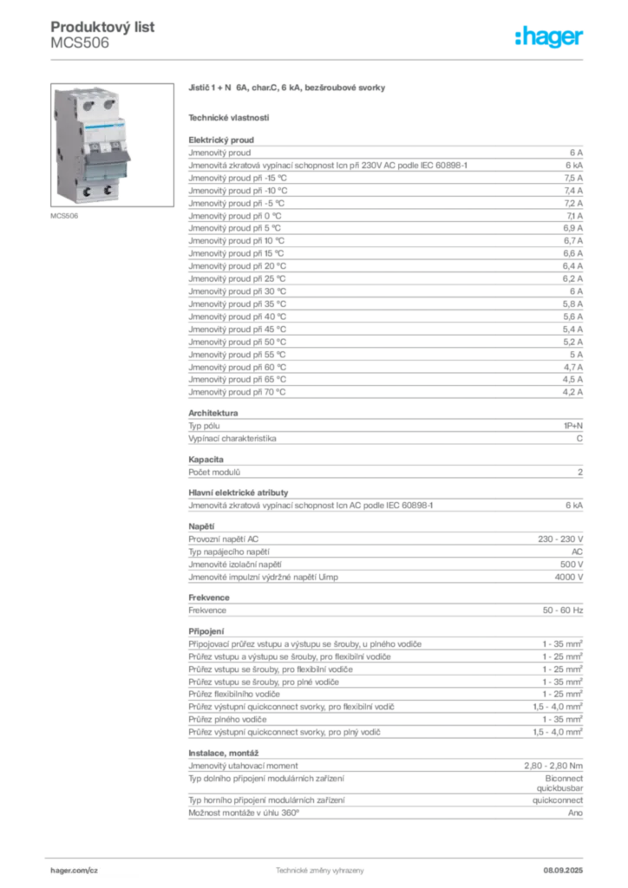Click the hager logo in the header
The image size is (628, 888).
549,36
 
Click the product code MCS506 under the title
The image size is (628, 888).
80,43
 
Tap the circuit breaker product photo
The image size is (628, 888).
112,145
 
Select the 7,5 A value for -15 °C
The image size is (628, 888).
573,178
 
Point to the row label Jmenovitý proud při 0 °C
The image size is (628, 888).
235,216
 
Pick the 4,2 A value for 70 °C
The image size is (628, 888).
572,392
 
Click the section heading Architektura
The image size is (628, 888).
213,413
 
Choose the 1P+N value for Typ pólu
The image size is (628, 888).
573,426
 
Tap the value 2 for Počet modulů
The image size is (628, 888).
580,473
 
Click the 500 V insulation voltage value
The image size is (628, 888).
572,565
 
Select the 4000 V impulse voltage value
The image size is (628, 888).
569,577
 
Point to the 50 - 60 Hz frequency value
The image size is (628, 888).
563,610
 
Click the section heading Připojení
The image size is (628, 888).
206,631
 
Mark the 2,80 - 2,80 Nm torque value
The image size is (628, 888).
553,766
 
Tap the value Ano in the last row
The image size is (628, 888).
575,813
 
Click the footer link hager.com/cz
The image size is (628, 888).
75,871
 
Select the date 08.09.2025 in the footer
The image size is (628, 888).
563,871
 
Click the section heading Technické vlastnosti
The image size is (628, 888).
229,118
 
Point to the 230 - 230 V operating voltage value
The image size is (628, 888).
560,539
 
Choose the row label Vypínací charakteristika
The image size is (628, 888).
232,438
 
